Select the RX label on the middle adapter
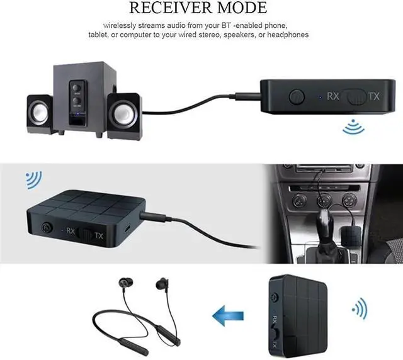click(71, 231)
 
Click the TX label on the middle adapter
click(98, 235)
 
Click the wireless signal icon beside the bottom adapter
click(360, 308)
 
